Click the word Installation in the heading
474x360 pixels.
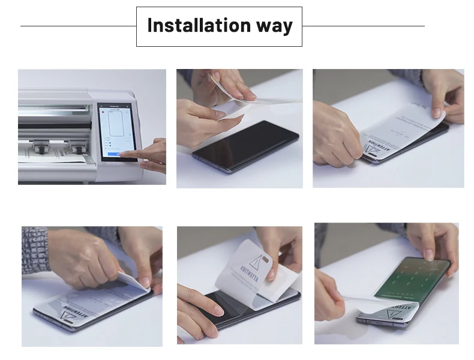[x=190, y=26]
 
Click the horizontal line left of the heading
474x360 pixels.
[x=78, y=26]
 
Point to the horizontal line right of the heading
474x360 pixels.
[x=363, y=26]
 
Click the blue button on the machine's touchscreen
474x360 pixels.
[x=114, y=155]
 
